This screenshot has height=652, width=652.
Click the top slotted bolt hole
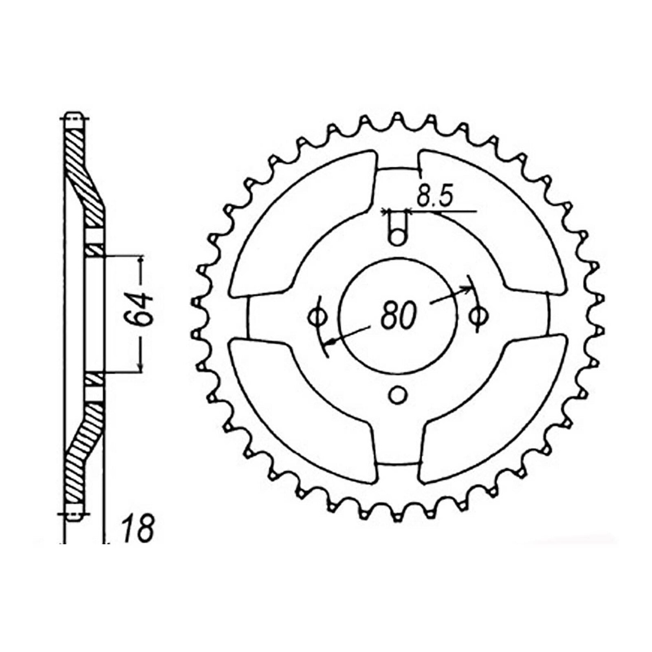pos(398,230)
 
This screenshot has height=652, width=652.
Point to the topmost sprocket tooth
pos(398,119)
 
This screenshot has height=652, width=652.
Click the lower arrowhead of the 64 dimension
pos(141,368)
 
